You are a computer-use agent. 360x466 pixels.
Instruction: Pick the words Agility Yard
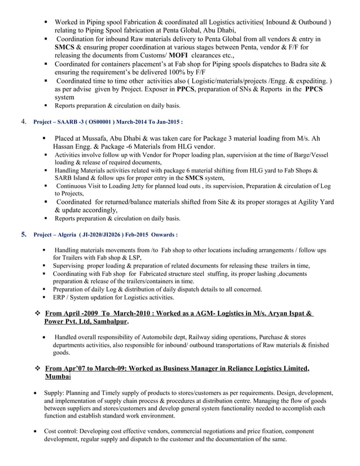point(310,201)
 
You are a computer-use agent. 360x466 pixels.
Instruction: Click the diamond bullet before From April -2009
point(37,313)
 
